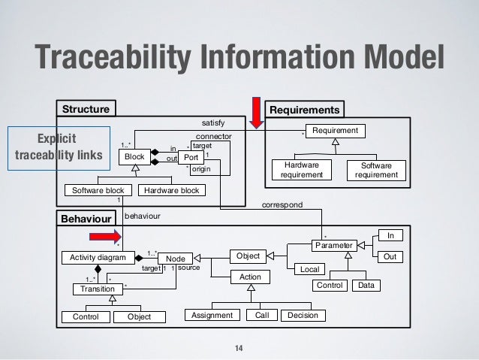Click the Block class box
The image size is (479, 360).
[x=134, y=156]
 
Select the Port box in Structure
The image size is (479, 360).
[x=191, y=158]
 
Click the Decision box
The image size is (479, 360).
[x=303, y=316]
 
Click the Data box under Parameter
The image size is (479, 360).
[x=367, y=286]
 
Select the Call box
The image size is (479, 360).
[x=261, y=316]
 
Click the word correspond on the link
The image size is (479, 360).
[x=282, y=204]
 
